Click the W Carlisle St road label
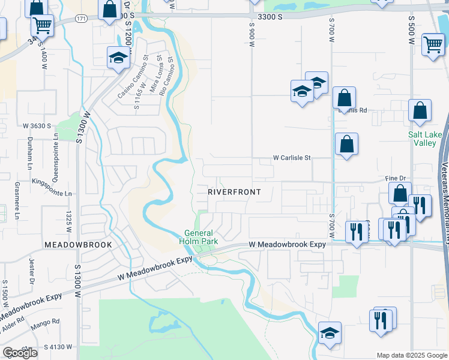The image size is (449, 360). pyautogui.click(x=292, y=158)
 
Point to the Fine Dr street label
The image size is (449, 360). pyautogui.click(x=396, y=179)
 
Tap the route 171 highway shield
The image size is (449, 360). pyautogui.click(x=80, y=19)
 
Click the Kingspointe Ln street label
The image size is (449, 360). pyautogui.click(x=52, y=194)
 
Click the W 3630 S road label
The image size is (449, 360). pyautogui.click(x=37, y=126)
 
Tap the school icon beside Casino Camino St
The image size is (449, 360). pyautogui.click(x=118, y=58)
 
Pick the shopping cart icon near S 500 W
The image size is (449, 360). pyautogui.click(x=432, y=44)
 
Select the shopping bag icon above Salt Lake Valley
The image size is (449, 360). pyautogui.click(x=420, y=110)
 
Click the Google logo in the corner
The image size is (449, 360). pyautogui.click(x=20, y=353)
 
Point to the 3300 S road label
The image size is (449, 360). pyautogui.click(x=269, y=17)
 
